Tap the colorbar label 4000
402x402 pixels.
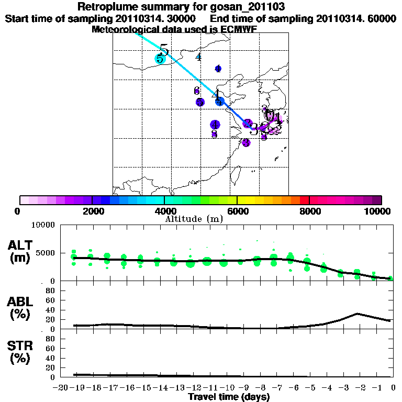(164, 211)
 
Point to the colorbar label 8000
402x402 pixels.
(309, 211)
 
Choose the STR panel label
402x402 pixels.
(20, 345)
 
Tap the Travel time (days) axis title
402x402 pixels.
(229, 397)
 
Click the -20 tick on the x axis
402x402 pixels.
(61, 388)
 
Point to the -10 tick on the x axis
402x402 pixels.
(227, 388)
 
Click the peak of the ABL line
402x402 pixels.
(356, 314)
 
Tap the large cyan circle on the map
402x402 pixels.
(160, 59)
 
